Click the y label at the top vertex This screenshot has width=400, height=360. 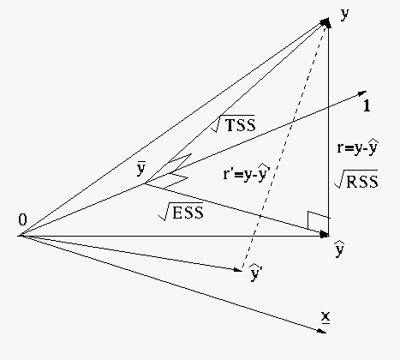pos(345,14)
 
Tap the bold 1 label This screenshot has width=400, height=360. pos(367,105)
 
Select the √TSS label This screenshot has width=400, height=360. pos(233,123)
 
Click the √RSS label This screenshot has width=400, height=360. pos(356,179)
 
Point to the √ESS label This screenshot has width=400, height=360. pos(181,212)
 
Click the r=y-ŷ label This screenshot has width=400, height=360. pos(358,147)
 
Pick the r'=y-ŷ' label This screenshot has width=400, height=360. pos(247,172)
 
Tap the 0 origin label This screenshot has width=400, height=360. pos(22,219)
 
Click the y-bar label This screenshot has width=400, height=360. pos(141,169)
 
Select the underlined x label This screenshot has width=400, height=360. pos(325,317)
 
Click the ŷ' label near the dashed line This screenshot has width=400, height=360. pos(256,273)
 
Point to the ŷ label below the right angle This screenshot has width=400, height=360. pos(339,249)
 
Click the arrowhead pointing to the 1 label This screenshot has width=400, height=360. pos(362,93)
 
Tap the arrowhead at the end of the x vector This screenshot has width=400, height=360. pos(322,331)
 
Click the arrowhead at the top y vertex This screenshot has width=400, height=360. pos(326,22)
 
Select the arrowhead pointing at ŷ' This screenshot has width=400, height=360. pos(238,269)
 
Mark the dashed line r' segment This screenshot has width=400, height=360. pos(284,144)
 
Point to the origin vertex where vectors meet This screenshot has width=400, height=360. pos(20,236)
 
